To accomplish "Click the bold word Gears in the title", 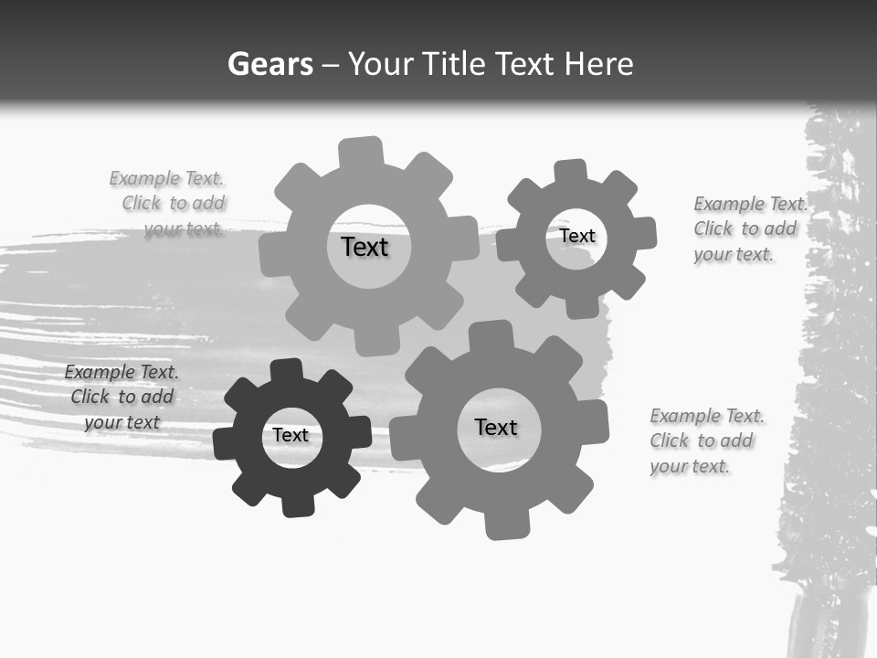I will [x=269, y=64].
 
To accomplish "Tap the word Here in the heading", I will [x=598, y=64].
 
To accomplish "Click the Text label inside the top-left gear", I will [x=365, y=247].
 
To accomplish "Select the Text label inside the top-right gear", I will [x=576, y=236].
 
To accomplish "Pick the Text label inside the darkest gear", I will [x=291, y=435].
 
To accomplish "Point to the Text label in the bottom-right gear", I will [x=496, y=427].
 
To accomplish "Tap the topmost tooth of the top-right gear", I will [x=571, y=171].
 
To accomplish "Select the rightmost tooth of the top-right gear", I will [x=644, y=233].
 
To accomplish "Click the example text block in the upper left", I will [x=169, y=204].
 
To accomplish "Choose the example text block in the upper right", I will [x=749, y=228].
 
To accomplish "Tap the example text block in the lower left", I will [x=121, y=397].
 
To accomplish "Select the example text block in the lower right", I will [x=706, y=440].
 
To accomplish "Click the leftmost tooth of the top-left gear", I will [x=272, y=255].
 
